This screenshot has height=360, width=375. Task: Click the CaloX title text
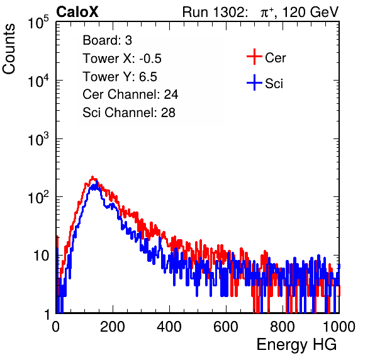(77, 12)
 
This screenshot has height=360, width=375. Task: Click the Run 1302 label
(215, 12)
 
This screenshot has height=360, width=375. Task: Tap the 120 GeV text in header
(310, 12)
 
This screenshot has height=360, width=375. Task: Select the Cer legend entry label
(275, 58)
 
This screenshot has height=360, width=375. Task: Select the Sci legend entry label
(274, 84)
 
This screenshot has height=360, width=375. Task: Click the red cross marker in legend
(254, 57)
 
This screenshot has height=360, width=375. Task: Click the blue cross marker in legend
(254, 82)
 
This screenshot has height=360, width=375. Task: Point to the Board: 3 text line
(107, 40)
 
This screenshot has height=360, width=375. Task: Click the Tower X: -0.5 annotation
(122, 59)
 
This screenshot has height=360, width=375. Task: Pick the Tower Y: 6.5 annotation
(120, 77)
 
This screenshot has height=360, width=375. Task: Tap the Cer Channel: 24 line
(130, 94)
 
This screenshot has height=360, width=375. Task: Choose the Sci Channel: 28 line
(129, 113)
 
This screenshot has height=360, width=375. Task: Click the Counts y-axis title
(9, 49)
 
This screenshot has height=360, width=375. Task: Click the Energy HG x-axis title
(296, 344)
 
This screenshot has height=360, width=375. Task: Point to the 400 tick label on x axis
(169, 326)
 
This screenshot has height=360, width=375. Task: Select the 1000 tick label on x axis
(339, 326)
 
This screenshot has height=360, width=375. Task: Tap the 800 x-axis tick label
(283, 326)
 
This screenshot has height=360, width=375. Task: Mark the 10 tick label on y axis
(42, 256)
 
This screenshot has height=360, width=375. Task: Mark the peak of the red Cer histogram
(92, 177)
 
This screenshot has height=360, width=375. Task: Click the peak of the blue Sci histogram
(97, 182)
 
